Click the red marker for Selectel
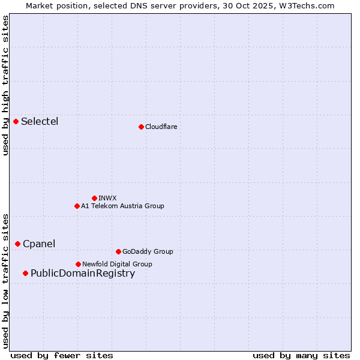[16, 122]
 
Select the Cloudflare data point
[141, 127]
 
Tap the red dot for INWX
[94, 198]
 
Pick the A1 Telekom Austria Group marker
[77, 206]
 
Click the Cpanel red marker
[18, 244]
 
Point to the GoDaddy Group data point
[118, 251]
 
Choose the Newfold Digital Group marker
[78, 264]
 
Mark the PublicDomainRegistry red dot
[25, 274]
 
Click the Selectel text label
[40, 122]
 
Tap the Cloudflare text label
[161, 127]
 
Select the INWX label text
[107, 198]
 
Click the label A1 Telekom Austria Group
[122, 206]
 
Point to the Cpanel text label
[39, 244]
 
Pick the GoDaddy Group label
[148, 251]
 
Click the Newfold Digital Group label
[117, 264]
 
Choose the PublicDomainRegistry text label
[83, 274]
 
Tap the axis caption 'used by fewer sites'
[61, 355]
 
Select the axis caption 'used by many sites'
[301, 355]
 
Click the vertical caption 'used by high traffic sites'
[6, 85]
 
